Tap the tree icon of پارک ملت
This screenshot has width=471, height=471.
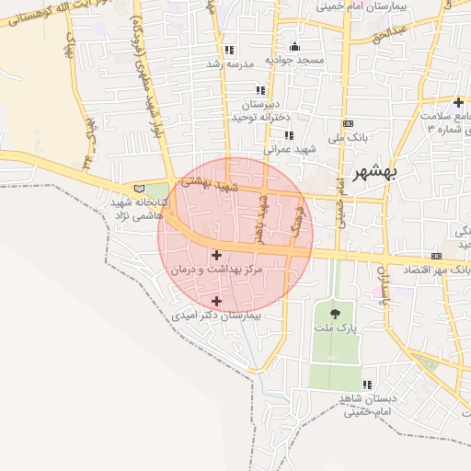point(333,315)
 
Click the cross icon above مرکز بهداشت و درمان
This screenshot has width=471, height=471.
point(216,255)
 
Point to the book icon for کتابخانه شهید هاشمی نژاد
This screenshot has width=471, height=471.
point(139,189)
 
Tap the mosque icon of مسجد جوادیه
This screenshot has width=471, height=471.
point(294,47)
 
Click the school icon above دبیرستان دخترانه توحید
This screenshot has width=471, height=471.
point(260,90)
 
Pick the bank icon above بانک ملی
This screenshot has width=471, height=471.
point(348,123)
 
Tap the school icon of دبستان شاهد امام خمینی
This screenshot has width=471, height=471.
point(367,385)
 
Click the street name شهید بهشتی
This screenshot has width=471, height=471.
point(209,184)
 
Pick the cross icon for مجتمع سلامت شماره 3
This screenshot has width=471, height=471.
point(458,101)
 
